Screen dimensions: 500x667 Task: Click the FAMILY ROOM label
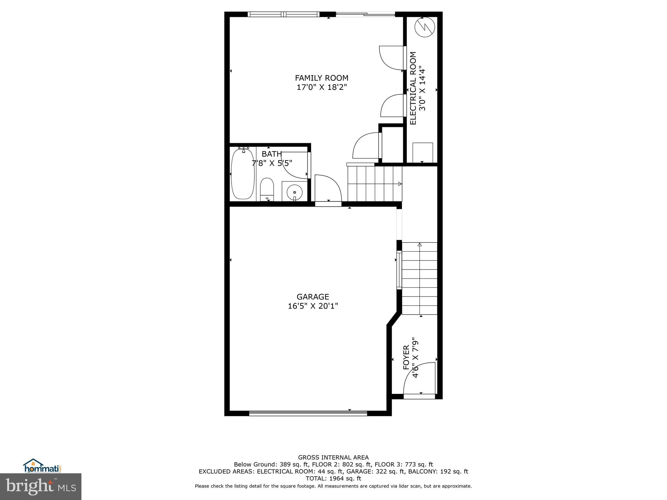321,78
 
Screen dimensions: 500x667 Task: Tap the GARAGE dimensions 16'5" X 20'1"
313,306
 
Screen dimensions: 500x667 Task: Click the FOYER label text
406,357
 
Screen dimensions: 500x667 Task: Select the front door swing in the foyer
419,379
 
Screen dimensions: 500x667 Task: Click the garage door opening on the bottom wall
308,413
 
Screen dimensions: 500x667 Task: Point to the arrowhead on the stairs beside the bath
400,184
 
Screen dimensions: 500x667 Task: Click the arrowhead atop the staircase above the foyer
419,244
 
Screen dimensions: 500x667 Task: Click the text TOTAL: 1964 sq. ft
333,479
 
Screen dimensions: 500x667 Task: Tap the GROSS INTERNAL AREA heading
333,458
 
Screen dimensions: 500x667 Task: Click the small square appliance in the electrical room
423,152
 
